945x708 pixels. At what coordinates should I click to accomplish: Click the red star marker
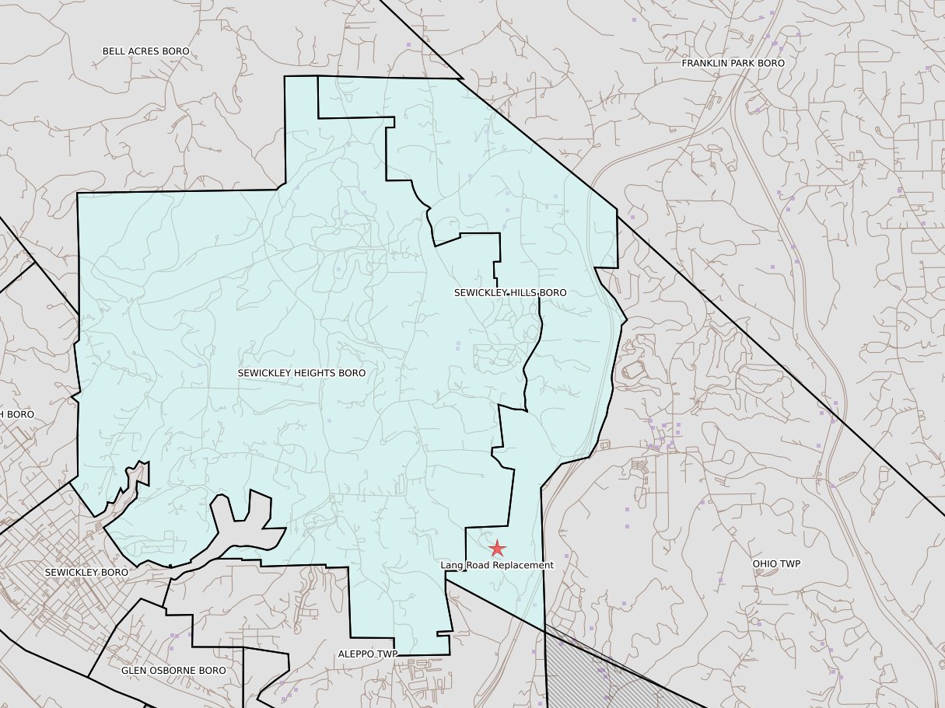tap(497, 549)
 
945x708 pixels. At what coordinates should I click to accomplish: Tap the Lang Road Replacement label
tap(497, 565)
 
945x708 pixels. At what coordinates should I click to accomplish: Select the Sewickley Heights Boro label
tap(302, 373)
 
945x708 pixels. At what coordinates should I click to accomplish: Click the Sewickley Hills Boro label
tap(510, 292)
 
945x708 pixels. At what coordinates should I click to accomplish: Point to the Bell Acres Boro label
tap(145, 51)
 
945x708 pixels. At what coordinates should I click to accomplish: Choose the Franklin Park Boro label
tap(733, 63)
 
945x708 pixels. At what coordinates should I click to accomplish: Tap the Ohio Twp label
tap(776, 563)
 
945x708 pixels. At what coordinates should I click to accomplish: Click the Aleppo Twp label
tap(367, 654)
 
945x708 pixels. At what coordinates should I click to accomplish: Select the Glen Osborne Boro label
tap(173, 670)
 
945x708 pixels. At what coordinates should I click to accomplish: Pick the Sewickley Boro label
tap(86, 572)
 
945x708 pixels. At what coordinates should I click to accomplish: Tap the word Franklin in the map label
tap(702, 63)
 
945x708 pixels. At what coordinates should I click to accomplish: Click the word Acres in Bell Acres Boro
tap(145, 51)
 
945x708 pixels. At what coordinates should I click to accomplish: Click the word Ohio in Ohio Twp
tap(765, 563)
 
